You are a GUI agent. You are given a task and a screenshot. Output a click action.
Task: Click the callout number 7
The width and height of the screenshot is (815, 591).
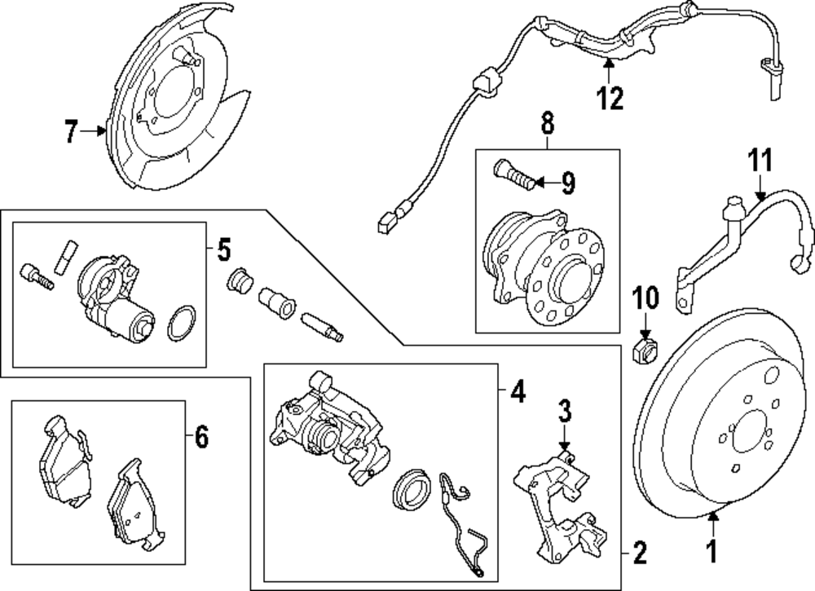point(72,131)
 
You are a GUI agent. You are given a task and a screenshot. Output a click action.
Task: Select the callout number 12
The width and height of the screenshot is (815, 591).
point(610,98)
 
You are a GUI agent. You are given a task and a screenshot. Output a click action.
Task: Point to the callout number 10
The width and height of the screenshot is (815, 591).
point(645,298)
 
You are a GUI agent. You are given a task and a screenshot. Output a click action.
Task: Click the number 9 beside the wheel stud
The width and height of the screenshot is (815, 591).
point(568,183)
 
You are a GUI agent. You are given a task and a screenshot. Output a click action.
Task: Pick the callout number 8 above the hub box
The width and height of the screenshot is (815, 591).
point(548,124)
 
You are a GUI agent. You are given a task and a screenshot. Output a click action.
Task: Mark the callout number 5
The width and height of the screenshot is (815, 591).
point(223,250)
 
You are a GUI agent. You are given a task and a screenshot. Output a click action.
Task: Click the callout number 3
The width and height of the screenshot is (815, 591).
point(565,411)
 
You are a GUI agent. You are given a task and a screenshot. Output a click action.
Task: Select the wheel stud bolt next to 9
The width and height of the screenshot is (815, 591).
point(513,176)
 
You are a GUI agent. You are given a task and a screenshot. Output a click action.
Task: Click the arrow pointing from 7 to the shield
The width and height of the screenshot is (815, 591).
point(94,131)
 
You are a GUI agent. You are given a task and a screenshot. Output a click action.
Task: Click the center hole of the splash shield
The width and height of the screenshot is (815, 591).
point(175,93)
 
